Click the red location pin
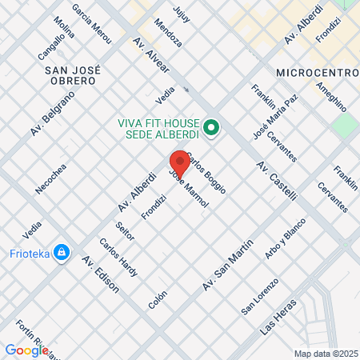pos(179,162)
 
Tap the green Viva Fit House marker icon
pos(211,126)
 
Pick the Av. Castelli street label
pos(277,181)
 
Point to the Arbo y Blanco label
pos(285,238)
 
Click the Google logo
pos(26,350)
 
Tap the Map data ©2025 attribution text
pos(325,354)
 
